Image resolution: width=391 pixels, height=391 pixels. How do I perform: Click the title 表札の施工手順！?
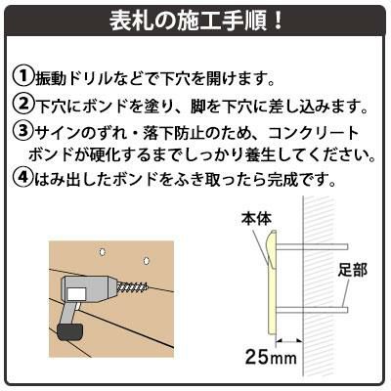tap(195, 22)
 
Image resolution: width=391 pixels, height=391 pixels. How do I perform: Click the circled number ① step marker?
tap(22, 77)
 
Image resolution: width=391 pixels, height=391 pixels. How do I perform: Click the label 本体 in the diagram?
tap(256, 219)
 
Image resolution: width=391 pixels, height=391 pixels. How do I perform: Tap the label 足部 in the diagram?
tap(352, 270)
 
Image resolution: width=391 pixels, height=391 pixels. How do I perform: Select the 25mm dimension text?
tap(271, 357)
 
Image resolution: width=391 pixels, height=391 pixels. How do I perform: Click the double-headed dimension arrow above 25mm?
tap(289, 341)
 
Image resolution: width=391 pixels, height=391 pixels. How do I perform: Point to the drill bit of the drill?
tap(135, 287)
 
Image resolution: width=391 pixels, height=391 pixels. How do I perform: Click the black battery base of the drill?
tap(70, 333)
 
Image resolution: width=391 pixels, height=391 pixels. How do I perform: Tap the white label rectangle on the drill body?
tap(76, 294)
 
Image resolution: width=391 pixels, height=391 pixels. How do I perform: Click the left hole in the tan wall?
tap(102, 252)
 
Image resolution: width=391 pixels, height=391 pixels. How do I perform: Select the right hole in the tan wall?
tap(147, 261)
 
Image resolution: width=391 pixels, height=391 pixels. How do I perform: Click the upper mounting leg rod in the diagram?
tap(313, 246)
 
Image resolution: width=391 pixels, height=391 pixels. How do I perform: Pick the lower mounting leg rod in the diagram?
tap(311, 310)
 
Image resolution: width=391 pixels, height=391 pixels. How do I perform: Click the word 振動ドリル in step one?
tap(68, 78)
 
